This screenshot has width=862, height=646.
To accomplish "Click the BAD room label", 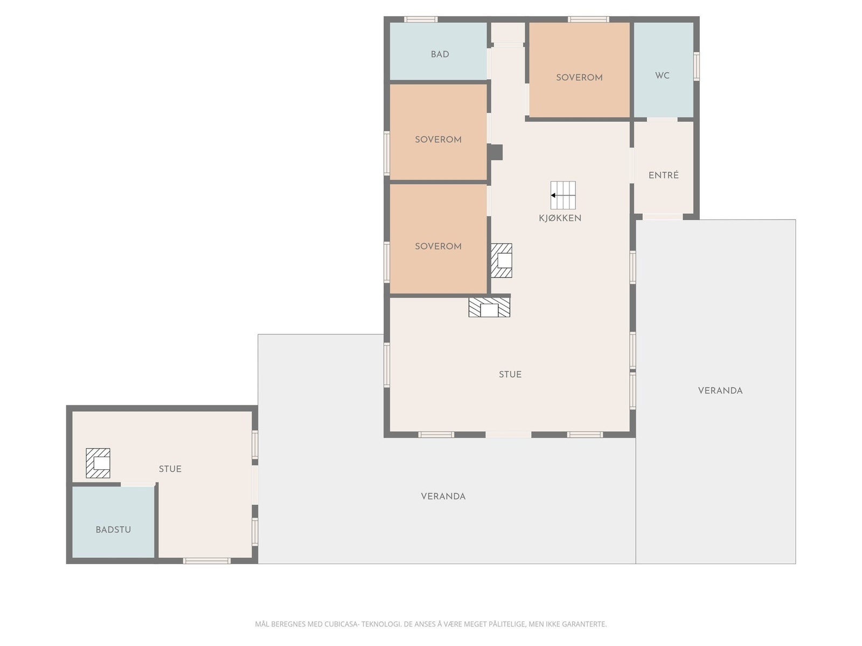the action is (440, 54).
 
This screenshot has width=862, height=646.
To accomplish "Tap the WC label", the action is (662, 75).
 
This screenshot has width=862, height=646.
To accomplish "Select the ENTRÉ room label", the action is (663, 175).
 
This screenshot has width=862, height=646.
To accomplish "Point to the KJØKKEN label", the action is (560, 217).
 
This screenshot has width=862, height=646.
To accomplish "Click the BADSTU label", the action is (113, 530).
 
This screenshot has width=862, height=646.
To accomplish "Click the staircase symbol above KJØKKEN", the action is (563, 195).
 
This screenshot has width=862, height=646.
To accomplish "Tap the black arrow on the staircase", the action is (553, 195).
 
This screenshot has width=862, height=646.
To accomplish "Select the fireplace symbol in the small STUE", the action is (98, 463).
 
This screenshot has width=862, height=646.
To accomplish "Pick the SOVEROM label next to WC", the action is (579, 78).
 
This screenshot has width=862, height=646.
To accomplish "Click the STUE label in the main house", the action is (510, 374).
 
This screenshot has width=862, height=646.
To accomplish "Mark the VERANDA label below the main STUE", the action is (443, 496).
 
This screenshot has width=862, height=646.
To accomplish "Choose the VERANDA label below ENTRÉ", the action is (720, 390).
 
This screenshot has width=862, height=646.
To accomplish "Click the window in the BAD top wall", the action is (421, 19).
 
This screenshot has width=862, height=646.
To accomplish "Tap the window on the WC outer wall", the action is (696, 66).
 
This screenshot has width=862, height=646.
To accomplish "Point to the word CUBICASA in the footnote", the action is (341, 624).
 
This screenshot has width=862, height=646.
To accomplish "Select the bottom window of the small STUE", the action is (206, 561).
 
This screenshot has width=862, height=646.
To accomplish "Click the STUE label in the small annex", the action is (170, 469).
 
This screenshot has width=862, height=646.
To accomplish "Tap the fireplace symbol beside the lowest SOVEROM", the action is (501, 261).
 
